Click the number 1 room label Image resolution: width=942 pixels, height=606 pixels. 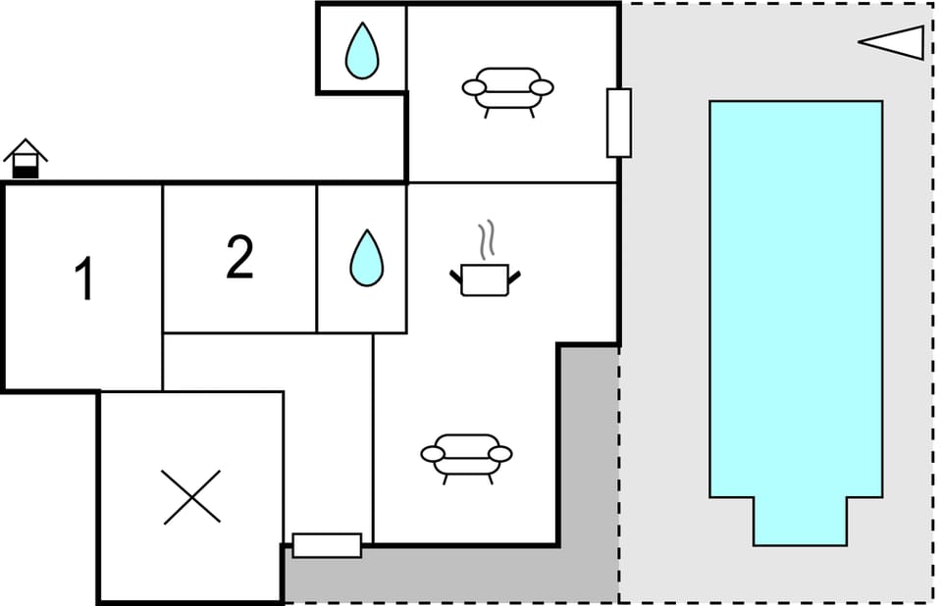[x=84, y=278]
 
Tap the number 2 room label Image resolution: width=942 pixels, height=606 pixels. [x=239, y=257]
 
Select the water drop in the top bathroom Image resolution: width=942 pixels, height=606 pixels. [x=362, y=50]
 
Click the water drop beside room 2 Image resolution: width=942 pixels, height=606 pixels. [x=366, y=258]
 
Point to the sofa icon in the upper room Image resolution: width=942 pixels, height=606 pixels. [x=507, y=92]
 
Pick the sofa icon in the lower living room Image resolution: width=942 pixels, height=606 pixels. [x=466, y=459]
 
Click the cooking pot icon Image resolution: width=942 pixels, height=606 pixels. [x=486, y=280]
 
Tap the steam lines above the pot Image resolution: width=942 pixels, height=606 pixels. [x=488, y=239]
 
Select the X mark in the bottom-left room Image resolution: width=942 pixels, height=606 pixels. [x=191, y=497]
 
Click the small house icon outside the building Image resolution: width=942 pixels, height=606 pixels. [x=26, y=159]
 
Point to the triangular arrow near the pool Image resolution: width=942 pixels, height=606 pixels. [x=892, y=42]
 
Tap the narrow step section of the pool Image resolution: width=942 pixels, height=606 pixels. [x=801, y=522]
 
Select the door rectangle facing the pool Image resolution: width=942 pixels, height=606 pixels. [x=619, y=124]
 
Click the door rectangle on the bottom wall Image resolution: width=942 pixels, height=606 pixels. [x=328, y=545]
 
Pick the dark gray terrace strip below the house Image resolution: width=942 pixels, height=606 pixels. [x=450, y=574]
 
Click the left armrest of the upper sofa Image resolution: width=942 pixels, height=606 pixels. [x=474, y=87]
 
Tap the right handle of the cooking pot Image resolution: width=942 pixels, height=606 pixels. [x=514, y=277]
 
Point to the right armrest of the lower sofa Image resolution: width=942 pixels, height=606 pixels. [x=499, y=454]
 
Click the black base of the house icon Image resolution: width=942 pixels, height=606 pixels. [x=26, y=173]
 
